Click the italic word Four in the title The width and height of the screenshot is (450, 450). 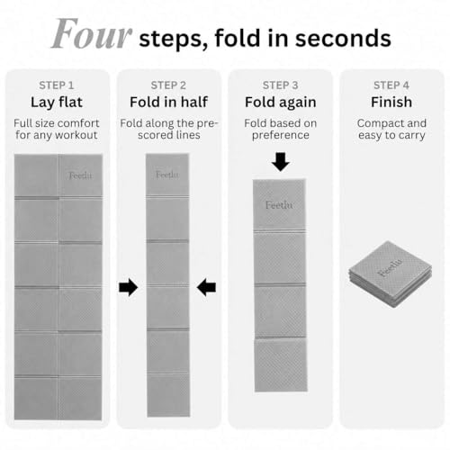92,33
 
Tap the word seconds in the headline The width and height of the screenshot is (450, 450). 343,39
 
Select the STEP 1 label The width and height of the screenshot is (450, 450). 57,85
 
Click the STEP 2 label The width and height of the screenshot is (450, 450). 168,85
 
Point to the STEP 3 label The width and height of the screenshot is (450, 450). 280,85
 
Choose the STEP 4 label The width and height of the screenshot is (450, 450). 391,85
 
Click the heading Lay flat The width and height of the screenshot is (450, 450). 57,103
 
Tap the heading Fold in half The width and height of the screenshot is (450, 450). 168,102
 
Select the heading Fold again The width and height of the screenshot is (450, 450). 281,103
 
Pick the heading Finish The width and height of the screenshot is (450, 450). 391,102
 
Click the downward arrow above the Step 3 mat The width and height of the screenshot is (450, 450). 281,162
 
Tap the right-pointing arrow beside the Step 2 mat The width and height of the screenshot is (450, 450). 129,287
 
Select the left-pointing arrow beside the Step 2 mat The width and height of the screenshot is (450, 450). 206,287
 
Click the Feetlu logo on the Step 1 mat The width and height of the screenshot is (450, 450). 80,175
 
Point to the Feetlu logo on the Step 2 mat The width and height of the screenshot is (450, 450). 167,175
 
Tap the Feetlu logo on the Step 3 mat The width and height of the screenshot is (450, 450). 279,205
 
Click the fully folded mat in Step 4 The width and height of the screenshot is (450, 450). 391,274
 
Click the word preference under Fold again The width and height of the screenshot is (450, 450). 281,136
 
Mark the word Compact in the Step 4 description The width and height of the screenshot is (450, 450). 375,123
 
